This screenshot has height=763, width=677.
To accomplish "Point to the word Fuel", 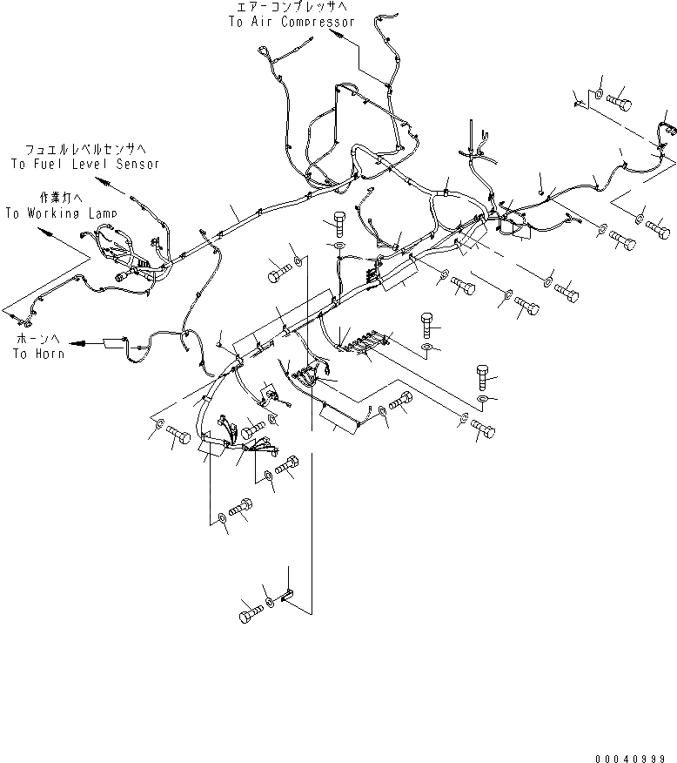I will click(58, 164).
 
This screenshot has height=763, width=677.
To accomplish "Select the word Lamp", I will click(101, 213).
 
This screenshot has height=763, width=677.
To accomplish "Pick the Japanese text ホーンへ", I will click(33, 338).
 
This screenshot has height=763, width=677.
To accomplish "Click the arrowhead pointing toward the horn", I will click(77, 344).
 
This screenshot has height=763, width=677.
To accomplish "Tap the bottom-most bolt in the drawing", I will click(248, 615).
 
